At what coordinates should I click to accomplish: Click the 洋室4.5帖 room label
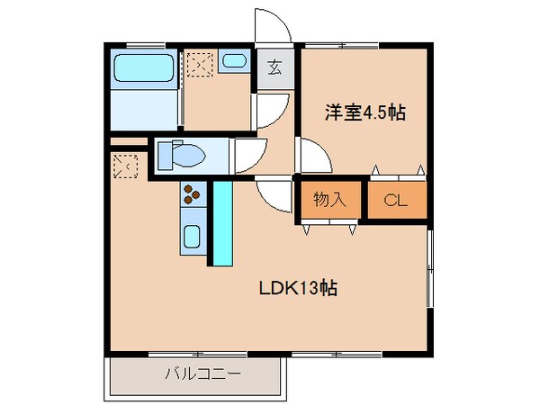coord(364,113)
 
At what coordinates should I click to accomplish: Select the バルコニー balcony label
coord(202,373)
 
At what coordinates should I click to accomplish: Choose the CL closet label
coord(396,202)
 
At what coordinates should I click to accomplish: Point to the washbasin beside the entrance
coord(234,61)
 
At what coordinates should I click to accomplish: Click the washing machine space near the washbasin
coord(199,63)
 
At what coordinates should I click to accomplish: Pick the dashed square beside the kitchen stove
coord(125,166)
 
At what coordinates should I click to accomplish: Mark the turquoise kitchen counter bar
coord(220,221)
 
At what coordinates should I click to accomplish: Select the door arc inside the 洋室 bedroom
coord(312,157)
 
